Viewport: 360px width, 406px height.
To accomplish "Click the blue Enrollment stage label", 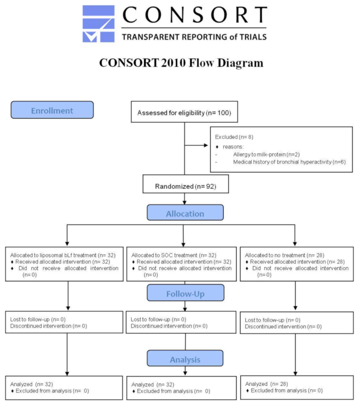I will (52, 110).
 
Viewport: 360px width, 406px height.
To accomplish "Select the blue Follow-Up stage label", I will (185, 292).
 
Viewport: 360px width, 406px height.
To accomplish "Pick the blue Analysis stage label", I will (185, 358).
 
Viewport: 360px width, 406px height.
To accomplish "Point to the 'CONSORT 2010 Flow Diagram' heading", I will (181, 62).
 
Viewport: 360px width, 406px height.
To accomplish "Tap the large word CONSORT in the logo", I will (194, 16).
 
